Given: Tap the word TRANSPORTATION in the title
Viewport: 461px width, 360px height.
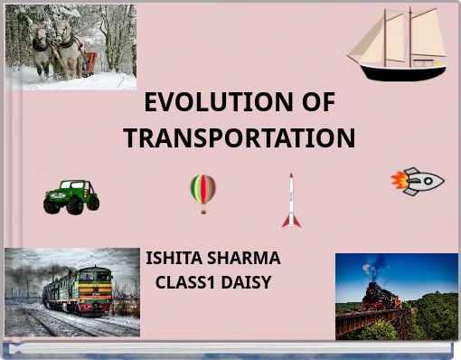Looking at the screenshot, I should pyautogui.click(x=239, y=138).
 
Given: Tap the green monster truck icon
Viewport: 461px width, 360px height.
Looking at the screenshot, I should pyautogui.click(x=71, y=195).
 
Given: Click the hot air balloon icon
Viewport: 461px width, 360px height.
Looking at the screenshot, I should pyautogui.click(x=202, y=191).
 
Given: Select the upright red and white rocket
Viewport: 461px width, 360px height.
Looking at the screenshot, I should pyautogui.click(x=290, y=201).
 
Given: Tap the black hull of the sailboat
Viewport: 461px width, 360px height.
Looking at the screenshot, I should pyautogui.click(x=400, y=72).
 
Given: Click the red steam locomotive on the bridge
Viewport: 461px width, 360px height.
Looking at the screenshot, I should pyautogui.click(x=372, y=295).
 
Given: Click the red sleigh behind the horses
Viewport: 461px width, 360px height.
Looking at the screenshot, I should pyautogui.click(x=89, y=62).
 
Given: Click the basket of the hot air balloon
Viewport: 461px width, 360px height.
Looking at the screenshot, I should pyautogui.click(x=202, y=210).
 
